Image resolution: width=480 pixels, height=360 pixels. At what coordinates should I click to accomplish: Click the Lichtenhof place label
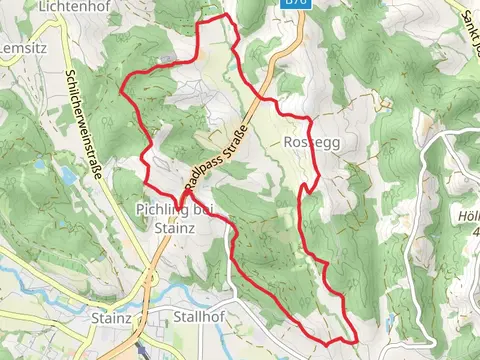coord(72,6)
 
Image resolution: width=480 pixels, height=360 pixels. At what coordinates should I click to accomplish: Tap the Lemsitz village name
coord(18,47)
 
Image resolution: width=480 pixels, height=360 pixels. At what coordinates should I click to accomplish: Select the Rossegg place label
coord(311,143)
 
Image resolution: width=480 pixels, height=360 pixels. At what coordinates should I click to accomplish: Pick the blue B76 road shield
coord(294,4)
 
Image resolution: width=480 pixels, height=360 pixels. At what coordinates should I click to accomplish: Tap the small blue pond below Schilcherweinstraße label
coord(68,175)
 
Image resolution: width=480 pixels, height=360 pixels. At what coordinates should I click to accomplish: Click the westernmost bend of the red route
coord(122,87)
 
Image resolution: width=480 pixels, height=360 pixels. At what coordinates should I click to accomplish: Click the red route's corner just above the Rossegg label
coord(310,121)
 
